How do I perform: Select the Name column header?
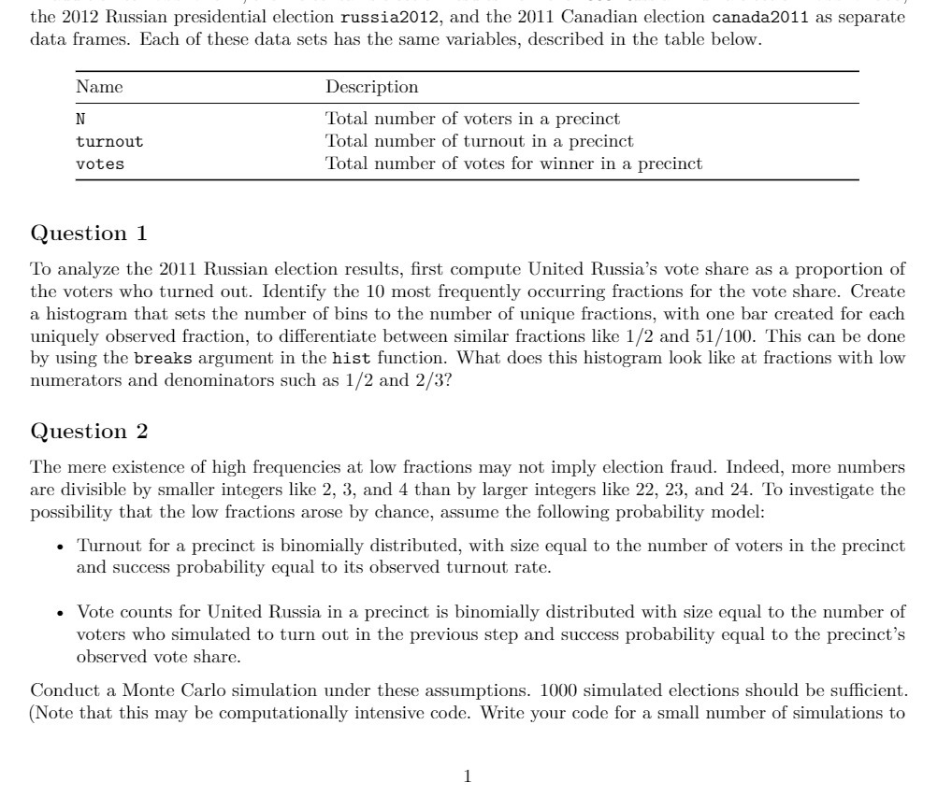(99, 88)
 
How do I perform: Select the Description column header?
(371, 88)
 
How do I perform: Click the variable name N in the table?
(81, 120)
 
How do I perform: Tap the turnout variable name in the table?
(109, 142)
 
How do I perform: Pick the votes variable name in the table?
(100, 164)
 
